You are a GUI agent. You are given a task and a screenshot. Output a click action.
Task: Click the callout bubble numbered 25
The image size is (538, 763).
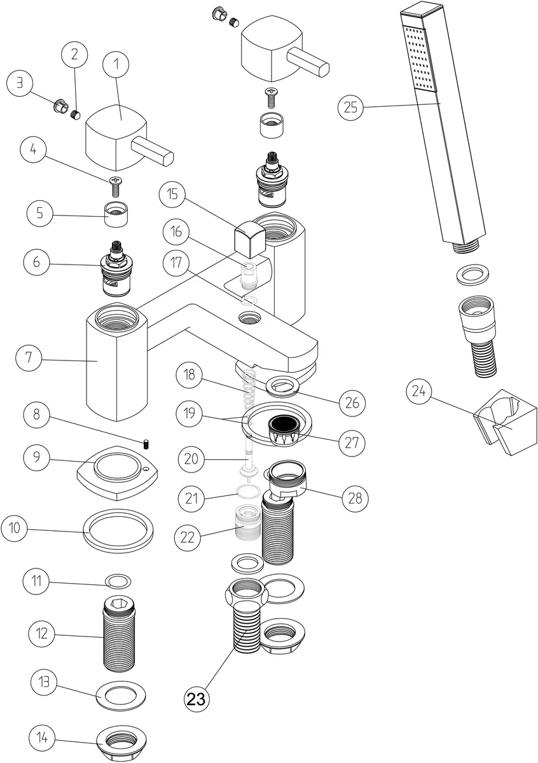(x=352, y=107)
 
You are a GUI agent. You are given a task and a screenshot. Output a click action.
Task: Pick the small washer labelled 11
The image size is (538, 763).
(x=118, y=581)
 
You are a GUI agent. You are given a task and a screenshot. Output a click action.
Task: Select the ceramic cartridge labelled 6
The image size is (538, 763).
(x=117, y=270)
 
